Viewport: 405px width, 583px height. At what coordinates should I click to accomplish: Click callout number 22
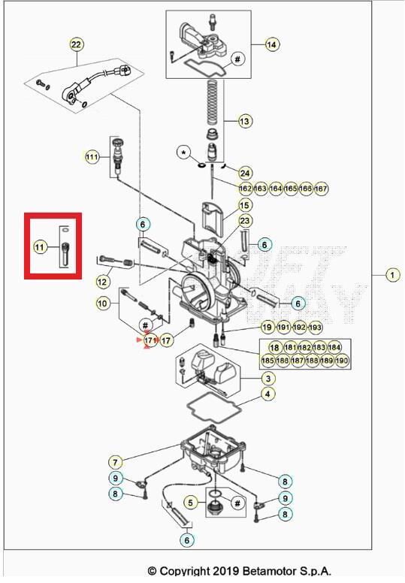coord(76,45)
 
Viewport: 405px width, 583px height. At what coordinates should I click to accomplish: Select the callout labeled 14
coord(271,45)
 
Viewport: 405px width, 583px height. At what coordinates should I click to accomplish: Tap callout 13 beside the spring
coord(245,120)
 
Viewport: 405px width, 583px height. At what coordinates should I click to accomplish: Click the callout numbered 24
coord(245,174)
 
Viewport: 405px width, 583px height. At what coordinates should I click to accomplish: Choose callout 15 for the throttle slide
coord(245,204)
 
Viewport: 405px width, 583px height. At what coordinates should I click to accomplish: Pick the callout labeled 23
coord(245,220)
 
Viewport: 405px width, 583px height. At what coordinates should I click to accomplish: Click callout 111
coord(92,157)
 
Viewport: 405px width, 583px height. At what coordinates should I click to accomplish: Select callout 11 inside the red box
coord(40,246)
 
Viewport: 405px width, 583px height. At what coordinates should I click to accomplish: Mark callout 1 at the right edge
coord(392,275)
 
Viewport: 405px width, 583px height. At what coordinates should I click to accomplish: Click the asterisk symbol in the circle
coord(183,153)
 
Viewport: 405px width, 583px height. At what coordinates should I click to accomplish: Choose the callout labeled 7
coord(115,461)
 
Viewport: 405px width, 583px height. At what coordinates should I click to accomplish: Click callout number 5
coord(191,502)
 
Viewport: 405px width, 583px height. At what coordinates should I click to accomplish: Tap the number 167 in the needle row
coord(321,189)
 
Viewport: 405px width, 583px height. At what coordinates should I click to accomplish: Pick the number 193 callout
coord(316,328)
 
